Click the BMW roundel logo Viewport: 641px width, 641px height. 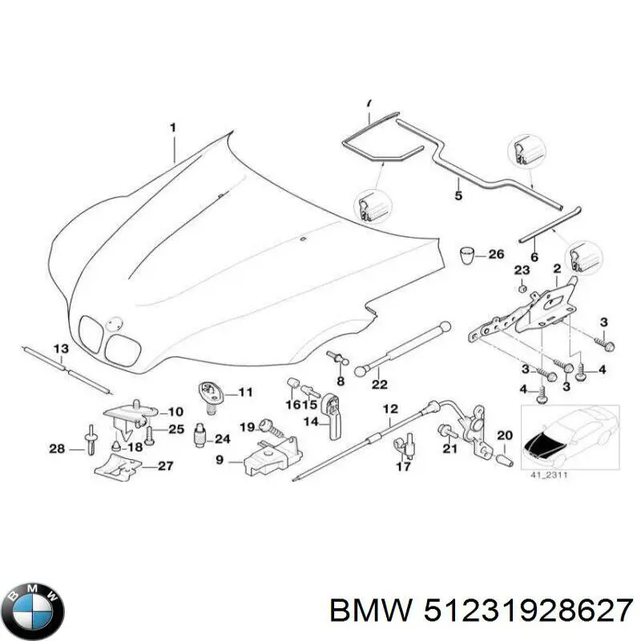32,603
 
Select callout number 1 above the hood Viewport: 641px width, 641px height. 171,127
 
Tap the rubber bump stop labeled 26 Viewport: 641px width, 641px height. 466,256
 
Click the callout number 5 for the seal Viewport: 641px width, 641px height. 458,195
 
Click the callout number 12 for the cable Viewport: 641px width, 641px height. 390,409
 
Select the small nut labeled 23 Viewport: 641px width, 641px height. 521,288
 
